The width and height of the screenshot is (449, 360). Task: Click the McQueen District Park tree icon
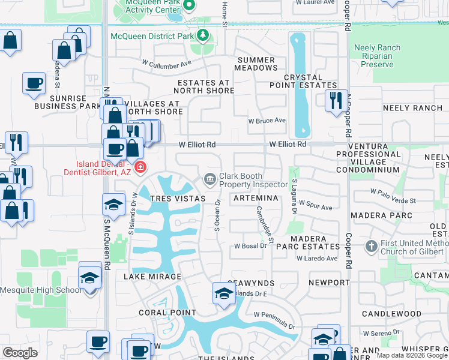point(202,36)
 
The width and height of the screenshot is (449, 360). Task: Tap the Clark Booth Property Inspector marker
point(209,179)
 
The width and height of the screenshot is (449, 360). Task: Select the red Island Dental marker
point(140,166)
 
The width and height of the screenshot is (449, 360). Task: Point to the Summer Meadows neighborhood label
point(257,64)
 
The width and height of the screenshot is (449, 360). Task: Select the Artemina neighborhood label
point(256,198)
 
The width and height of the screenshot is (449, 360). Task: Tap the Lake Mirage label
point(152,277)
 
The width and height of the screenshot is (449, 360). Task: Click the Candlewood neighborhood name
point(391,314)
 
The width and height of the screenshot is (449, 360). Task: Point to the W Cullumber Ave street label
point(166,62)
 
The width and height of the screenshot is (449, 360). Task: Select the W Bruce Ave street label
point(267,121)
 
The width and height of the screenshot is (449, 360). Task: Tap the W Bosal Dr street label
point(250,246)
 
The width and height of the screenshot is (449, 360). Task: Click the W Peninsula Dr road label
point(275,321)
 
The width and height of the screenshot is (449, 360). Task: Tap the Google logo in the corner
point(20,353)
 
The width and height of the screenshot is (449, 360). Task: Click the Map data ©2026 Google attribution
point(411,355)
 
